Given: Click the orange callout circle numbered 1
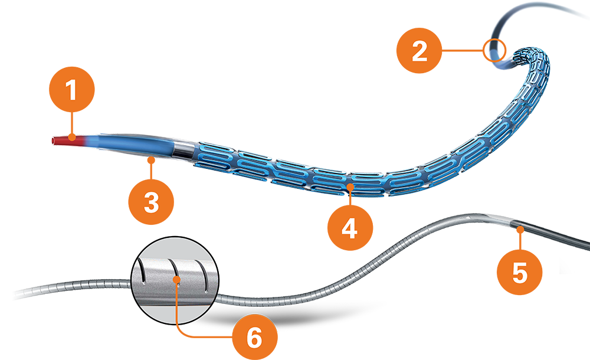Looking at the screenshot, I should tap(71, 91).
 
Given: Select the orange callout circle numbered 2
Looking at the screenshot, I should tap(419, 51).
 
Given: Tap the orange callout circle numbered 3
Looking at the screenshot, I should tap(151, 202).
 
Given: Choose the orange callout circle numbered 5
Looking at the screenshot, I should tap(519, 272).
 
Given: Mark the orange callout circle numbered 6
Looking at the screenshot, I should tap(254, 338).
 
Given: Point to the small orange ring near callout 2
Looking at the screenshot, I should tap(494, 50).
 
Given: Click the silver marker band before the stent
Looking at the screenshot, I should tap(185, 149).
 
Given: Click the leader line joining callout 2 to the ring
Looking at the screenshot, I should tap(463, 51).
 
